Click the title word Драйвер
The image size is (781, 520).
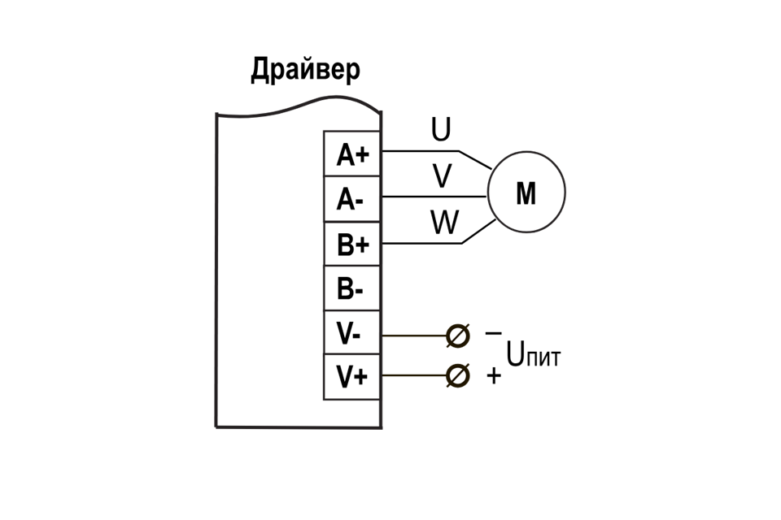[305, 70]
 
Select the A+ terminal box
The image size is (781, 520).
[352, 154]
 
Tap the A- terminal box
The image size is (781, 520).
[352, 199]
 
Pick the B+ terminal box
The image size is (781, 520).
[352, 244]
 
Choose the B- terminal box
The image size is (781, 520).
[352, 288]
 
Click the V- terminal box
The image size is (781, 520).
[352, 333]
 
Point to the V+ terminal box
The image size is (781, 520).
[352, 377]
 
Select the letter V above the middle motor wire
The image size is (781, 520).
[442, 176]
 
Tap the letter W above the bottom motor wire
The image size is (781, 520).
[444, 223]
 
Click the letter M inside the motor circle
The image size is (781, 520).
[526, 194]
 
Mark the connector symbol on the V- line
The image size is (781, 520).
[458, 335]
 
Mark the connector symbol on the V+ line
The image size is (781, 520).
[458, 375]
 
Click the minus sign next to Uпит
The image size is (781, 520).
[493, 333]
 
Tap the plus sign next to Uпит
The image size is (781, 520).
[493, 376]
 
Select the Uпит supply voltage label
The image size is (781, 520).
[534, 355]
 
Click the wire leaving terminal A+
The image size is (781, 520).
[419, 151]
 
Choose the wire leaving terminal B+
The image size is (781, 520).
[419, 243]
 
